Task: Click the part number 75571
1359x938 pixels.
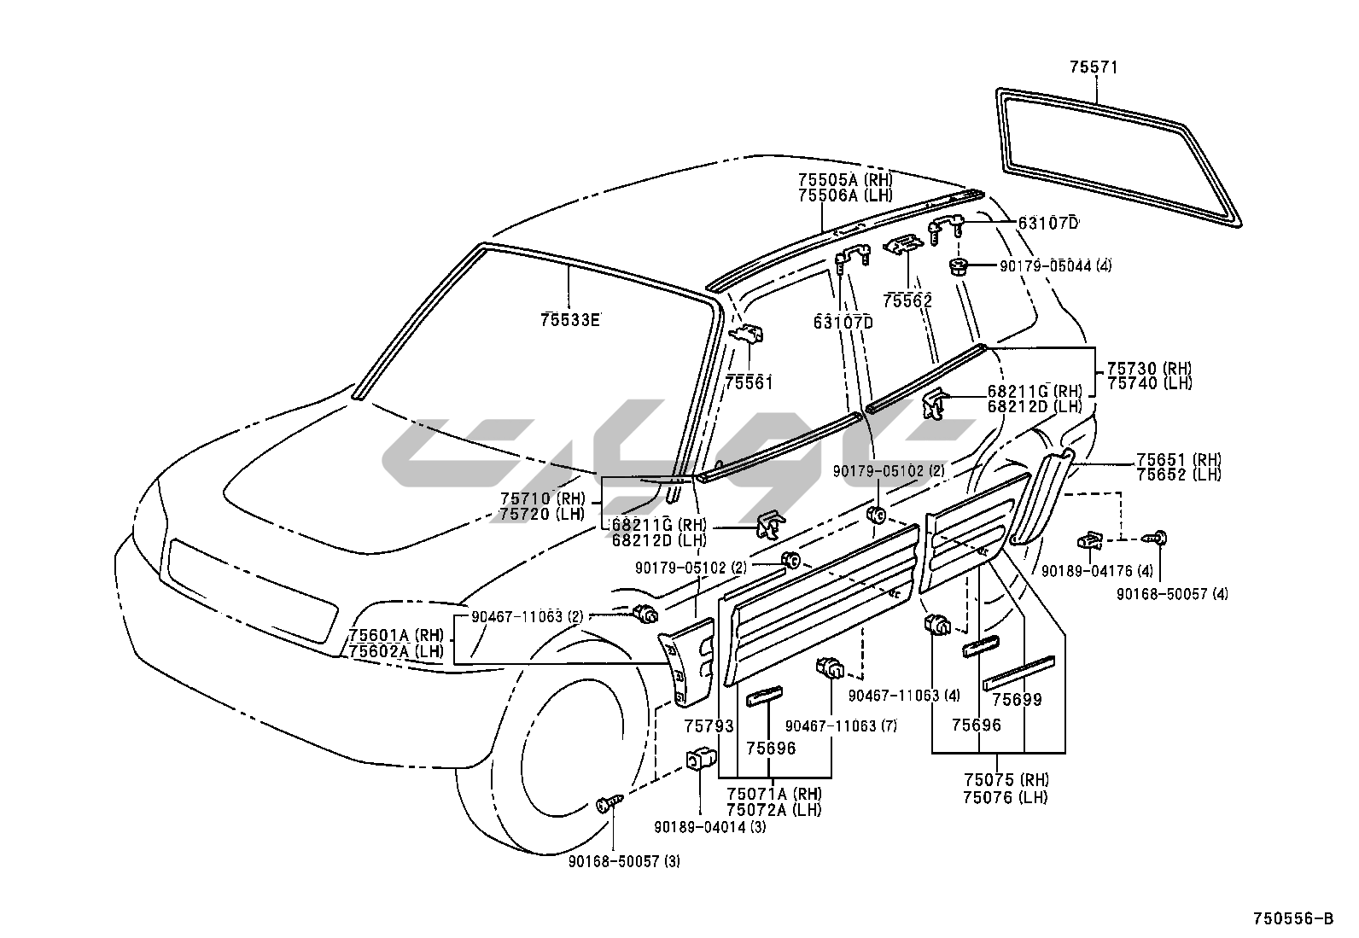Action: pyautogui.click(x=1094, y=67)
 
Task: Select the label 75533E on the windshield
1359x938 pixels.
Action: pyautogui.click(x=569, y=320)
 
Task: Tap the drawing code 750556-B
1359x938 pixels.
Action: pyautogui.click(x=1292, y=918)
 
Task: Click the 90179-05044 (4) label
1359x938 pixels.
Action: pyautogui.click(x=1055, y=265)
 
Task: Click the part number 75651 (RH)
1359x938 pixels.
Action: pyautogui.click(x=1178, y=459)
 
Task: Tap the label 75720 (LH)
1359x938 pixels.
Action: pyautogui.click(x=541, y=514)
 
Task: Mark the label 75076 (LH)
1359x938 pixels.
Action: pyautogui.click(x=1005, y=797)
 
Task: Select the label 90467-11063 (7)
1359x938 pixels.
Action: pyautogui.click(x=828, y=725)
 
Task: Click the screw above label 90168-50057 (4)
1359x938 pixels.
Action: pyautogui.click(x=1159, y=538)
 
